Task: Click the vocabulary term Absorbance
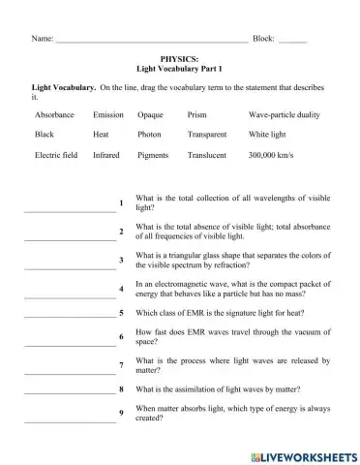[54, 114]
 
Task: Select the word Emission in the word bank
[108, 114]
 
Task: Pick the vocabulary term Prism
[196, 114]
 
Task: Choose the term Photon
[149, 134]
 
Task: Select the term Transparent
[208, 134]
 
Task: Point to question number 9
[121, 414]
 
